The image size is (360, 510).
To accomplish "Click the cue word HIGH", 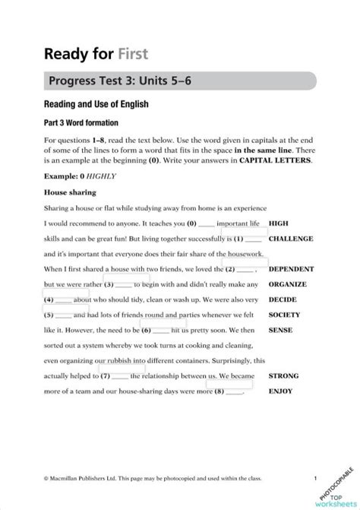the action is click(x=278, y=223).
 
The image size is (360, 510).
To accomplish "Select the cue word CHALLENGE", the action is click(x=291, y=239).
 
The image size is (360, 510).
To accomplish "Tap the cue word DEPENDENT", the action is click(x=292, y=269).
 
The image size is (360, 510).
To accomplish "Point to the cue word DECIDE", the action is click(x=282, y=299).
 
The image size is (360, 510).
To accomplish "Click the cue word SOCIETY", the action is click(x=284, y=315).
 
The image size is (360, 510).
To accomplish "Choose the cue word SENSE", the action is click(x=279, y=330).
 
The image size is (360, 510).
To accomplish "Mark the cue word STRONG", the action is click(x=283, y=375).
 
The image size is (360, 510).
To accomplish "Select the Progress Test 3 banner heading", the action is click(x=126, y=81).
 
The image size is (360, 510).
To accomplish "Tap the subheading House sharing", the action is click(x=69, y=192).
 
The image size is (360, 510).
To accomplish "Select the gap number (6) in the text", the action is click(x=146, y=330).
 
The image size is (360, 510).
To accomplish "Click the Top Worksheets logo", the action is click(x=336, y=493).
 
